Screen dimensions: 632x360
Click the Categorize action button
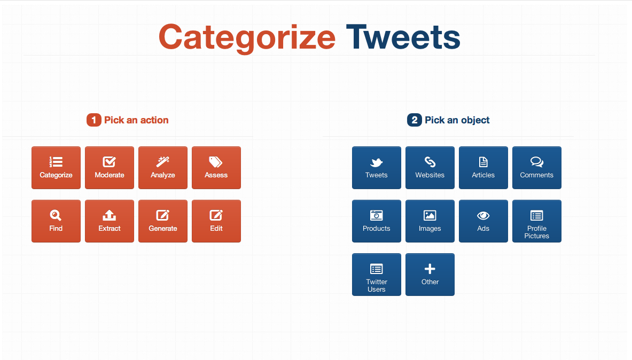point(56,168)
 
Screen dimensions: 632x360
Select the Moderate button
point(109,168)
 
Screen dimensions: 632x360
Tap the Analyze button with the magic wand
point(163,168)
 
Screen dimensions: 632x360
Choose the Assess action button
point(216,168)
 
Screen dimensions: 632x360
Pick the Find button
point(56,221)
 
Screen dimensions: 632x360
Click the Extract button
point(109,221)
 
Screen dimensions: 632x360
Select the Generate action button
point(163,221)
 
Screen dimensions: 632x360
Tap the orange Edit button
point(216,221)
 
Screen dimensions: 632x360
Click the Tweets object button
point(377,168)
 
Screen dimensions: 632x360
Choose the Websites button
point(430,168)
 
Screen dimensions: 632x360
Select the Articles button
point(483,168)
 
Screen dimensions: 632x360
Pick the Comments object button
point(536,168)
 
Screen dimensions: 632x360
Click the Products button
point(377,221)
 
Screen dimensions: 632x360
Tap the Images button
point(430,221)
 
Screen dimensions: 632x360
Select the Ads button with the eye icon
point(483,221)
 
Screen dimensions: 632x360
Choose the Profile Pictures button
point(536,221)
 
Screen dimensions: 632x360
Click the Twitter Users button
point(377,275)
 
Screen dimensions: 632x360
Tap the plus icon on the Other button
point(430,269)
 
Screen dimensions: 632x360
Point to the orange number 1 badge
point(94,120)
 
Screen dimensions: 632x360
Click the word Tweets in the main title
point(403,37)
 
